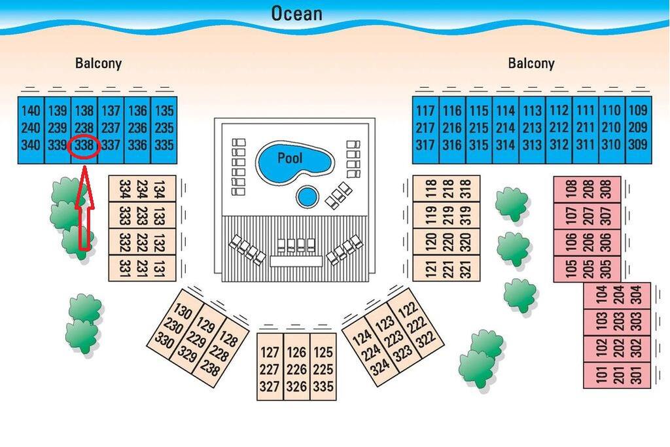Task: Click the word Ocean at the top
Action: pyautogui.click(x=296, y=12)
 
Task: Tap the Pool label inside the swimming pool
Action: pyautogui.click(x=290, y=158)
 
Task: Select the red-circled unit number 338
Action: pyautogui.click(x=84, y=145)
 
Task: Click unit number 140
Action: pyautogui.click(x=30, y=111)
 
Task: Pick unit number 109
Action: pyautogui.click(x=638, y=111)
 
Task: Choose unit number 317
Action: pyautogui.click(x=425, y=145)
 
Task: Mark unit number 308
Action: pyautogui.click(x=607, y=188)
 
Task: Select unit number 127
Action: pyautogui.click(x=270, y=353)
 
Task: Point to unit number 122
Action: pyautogui.click(x=407, y=310)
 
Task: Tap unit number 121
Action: pyautogui.click(x=430, y=268)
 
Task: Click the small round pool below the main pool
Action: pyautogui.click(x=307, y=196)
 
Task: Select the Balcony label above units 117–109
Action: pyautogui.click(x=531, y=63)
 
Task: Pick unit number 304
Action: pyautogui.click(x=637, y=295)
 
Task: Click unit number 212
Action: pyautogui.click(x=559, y=128)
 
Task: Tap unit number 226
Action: pyautogui.click(x=296, y=370)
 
